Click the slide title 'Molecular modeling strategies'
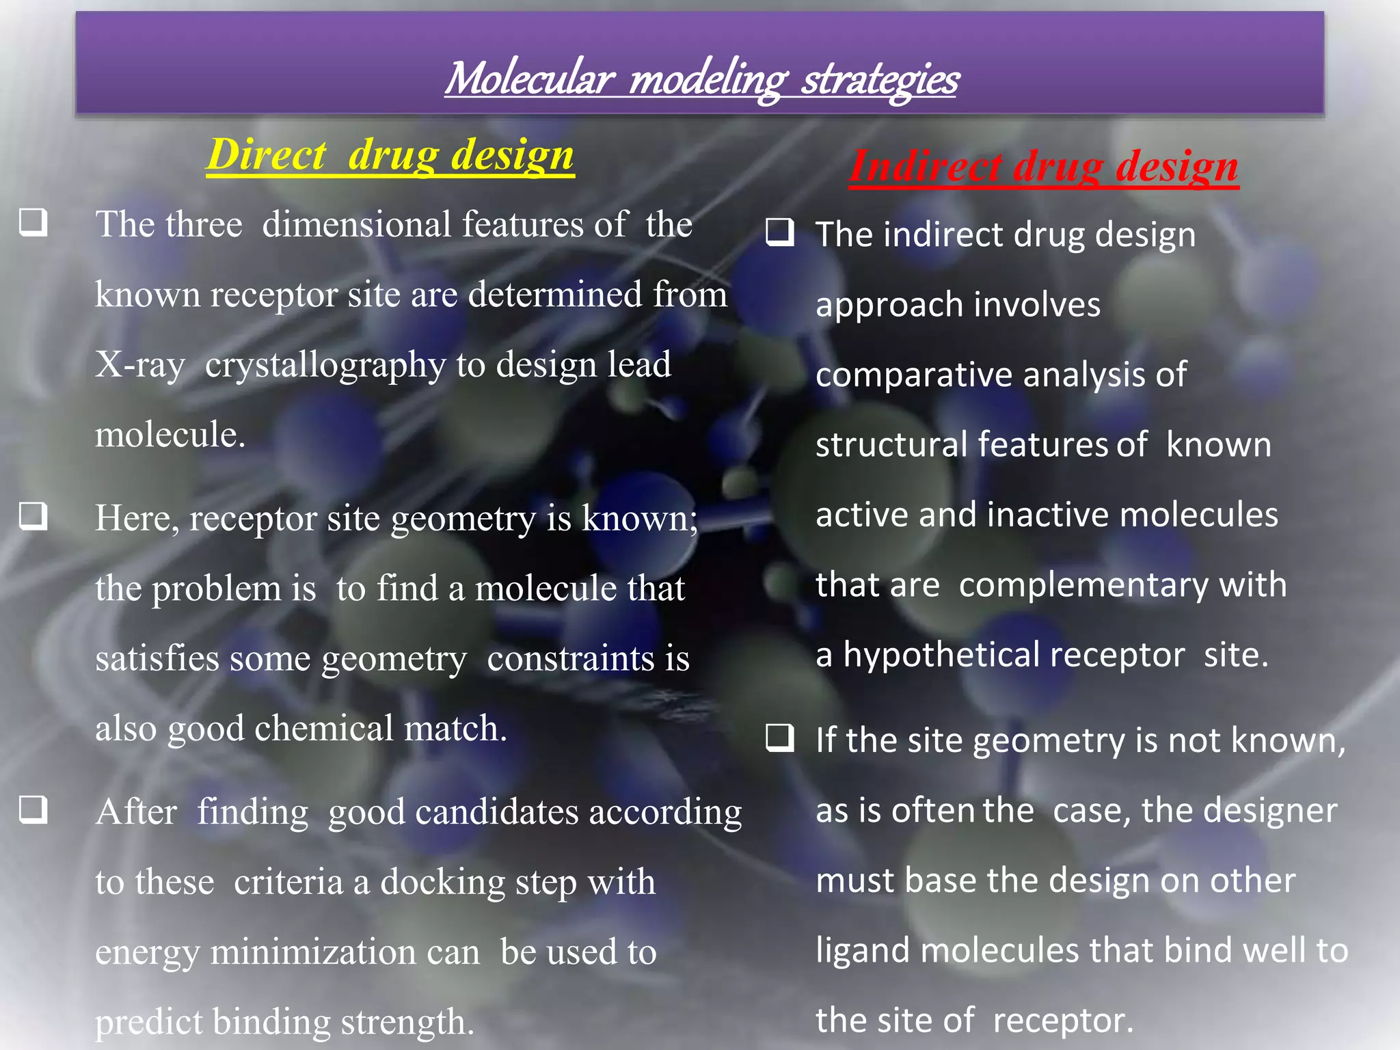click(701, 79)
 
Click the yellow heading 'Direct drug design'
click(390, 154)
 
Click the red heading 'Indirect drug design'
click(1044, 166)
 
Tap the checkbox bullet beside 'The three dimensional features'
click(33, 222)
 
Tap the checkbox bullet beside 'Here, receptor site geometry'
click(33, 516)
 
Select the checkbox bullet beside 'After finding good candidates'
click(33, 809)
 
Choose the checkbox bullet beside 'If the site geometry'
click(780, 738)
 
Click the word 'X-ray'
click(140, 364)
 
